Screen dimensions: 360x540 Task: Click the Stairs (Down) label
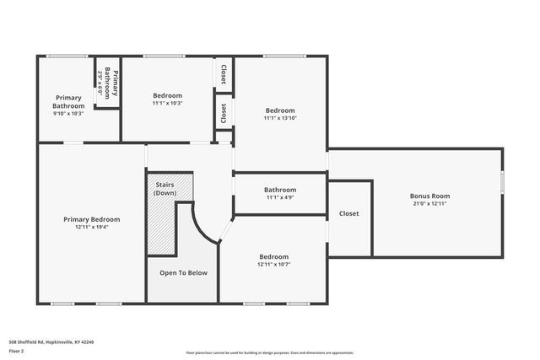click(x=165, y=190)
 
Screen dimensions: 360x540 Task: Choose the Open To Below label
click(x=183, y=272)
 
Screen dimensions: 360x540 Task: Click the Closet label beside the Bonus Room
click(x=349, y=213)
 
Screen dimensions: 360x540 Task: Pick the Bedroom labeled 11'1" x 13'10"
click(x=280, y=110)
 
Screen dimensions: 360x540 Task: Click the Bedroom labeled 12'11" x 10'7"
click(x=273, y=256)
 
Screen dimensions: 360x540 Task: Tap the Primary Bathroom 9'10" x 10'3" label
click(x=68, y=102)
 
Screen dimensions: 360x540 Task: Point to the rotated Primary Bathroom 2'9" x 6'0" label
click(x=107, y=83)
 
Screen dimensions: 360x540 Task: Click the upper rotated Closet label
click(x=224, y=74)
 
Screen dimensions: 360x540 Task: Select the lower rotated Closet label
click(x=224, y=113)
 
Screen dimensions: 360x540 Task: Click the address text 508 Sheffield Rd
click(x=51, y=341)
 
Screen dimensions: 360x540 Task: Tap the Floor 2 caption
click(x=16, y=351)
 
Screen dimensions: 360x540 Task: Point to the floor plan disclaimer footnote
click(x=270, y=353)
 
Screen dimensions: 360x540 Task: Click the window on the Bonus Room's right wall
click(x=502, y=182)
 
